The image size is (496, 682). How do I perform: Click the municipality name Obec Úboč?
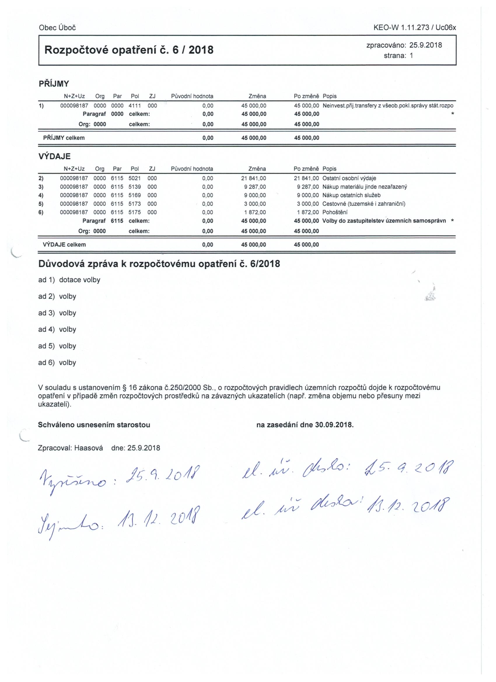coord(57,28)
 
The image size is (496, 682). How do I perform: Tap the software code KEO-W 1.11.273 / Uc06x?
coord(415,28)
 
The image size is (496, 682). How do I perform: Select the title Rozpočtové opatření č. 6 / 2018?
coord(129,50)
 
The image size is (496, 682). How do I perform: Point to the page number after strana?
coord(411,56)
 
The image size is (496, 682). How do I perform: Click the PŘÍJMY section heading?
coord(54,84)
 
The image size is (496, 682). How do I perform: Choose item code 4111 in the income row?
coord(135,106)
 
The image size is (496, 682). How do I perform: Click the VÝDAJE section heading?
coord(55,156)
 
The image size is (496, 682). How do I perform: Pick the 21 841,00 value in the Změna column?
coord(253,178)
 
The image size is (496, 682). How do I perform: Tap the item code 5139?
coord(135,187)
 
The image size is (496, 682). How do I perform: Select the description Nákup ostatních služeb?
coord(351,195)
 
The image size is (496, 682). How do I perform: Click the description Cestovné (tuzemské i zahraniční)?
coord(364,204)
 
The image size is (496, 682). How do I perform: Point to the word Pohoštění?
coord(335,212)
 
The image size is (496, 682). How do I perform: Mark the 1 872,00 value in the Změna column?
coord(255,212)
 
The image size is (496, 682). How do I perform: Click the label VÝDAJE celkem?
coord(64,244)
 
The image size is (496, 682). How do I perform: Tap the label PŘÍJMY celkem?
coord(64,138)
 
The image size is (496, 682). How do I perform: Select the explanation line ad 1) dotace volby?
coord(69,280)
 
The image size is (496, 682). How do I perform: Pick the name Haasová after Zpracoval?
coord(88,448)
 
